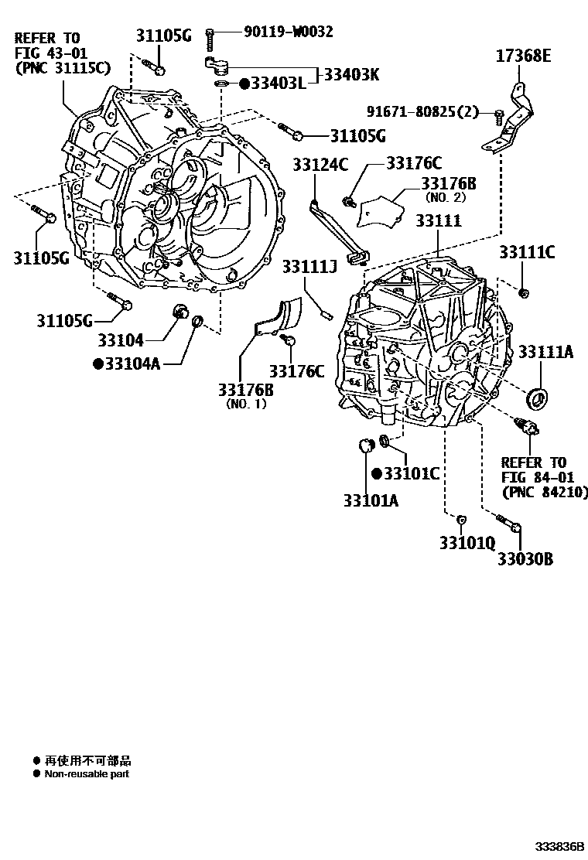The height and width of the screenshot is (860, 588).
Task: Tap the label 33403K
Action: pyautogui.click(x=351, y=74)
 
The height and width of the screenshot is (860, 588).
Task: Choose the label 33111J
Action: pyautogui.click(x=309, y=267)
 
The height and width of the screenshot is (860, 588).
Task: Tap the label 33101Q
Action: pyautogui.click(x=467, y=542)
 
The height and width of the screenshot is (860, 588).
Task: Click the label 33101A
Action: pyautogui.click(x=371, y=500)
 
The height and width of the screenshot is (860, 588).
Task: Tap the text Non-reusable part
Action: pyautogui.click(x=87, y=773)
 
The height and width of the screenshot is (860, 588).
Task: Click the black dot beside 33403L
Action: pyautogui.click(x=244, y=83)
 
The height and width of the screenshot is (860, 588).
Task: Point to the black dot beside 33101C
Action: pyautogui.click(x=377, y=473)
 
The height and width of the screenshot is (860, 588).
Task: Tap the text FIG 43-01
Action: pyautogui.click(x=49, y=52)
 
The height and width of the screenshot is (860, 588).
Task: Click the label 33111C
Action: pyautogui.click(x=527, y=252)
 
